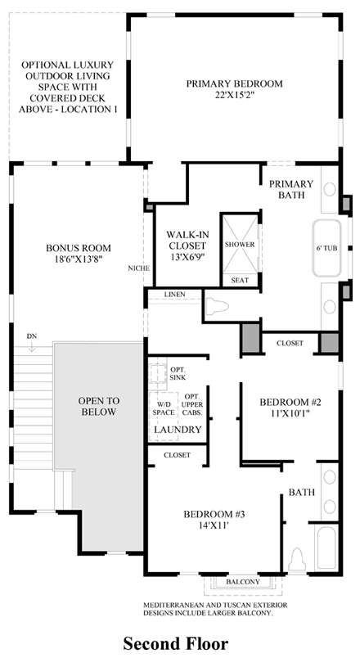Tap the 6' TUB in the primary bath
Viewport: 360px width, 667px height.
(x=326, y=249)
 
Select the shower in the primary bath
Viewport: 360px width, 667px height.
(x=241, y=244)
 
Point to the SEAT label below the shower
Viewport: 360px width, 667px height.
(x=240, y=281)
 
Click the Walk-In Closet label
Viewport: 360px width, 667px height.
(x=187, y=240)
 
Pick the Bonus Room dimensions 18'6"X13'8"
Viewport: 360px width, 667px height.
(x=79, y=259)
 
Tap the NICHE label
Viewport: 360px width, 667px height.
(x=138, y=268)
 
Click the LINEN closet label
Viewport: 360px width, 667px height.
(x=174, y=295)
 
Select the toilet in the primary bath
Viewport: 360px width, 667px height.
(x=217, y=306)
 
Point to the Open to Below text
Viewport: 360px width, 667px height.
(x=99, y=406)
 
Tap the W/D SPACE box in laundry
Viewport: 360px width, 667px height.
(x=164, y=408)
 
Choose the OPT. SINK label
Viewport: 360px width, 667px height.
(x=177, y=373)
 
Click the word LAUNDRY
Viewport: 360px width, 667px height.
(x=178, y=430)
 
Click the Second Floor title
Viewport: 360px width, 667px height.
(x=176, y=643)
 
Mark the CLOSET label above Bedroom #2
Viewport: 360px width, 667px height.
(x=290, y=343)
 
